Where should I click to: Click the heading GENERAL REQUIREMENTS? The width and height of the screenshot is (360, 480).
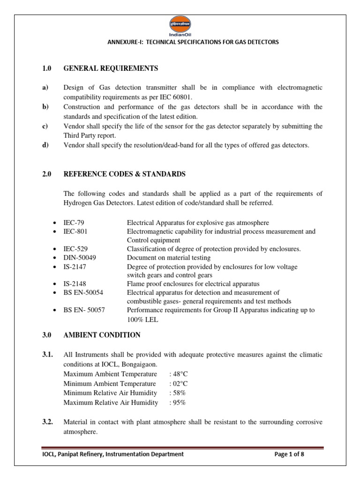point(111,69)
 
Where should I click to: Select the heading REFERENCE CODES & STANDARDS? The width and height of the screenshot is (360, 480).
point(124,174)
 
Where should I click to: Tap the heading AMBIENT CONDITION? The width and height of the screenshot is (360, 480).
point(102,335)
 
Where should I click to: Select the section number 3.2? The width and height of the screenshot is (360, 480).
point(48,422)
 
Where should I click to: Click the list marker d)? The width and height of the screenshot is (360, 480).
point(45,145)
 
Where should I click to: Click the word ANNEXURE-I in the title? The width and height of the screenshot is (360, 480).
point(125,42)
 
